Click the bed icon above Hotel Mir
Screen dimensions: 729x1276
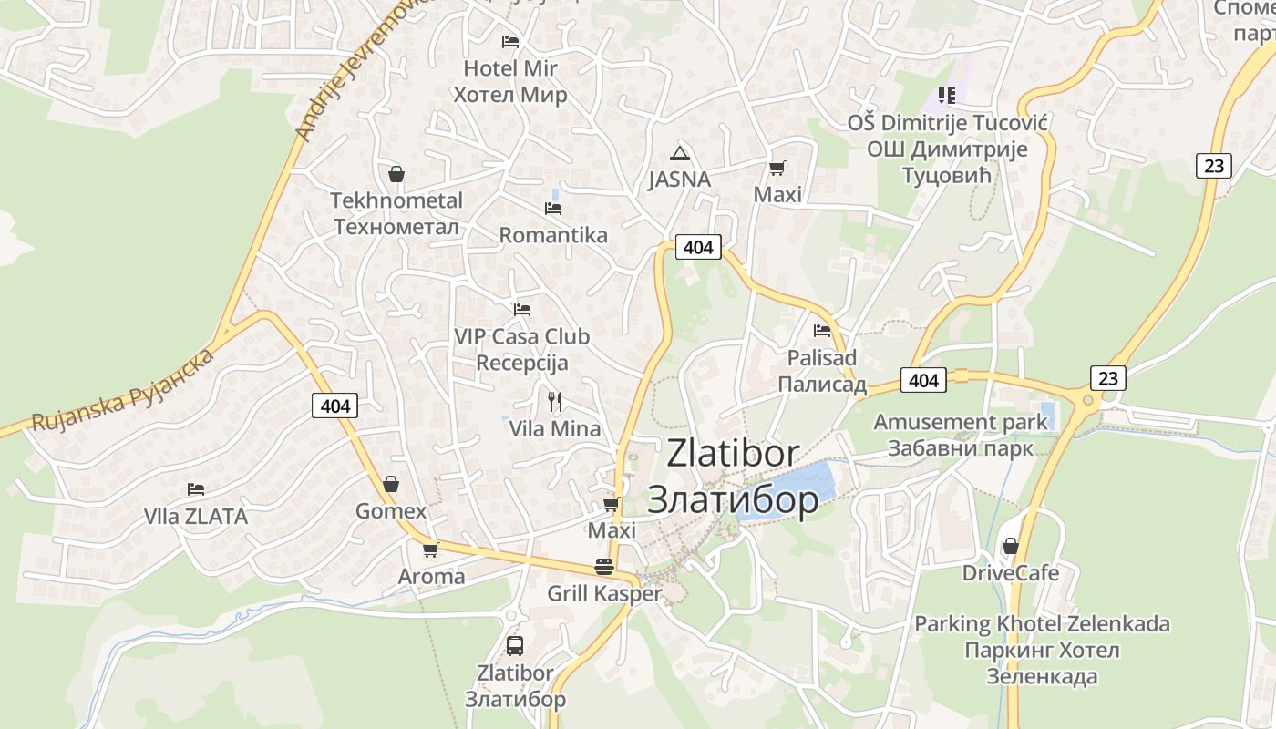pyautogui.click(x=510, y=42)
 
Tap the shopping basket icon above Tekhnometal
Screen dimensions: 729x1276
pyautogui.click(x=396, y=173)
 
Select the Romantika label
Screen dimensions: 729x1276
pyautogui.click(x=552, y=235)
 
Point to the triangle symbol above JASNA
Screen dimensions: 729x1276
pyautogui.click(x=679, y=152)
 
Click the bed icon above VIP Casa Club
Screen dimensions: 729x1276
pyautogui.click(x=522, y=310)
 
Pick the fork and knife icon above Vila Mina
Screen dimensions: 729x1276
pyautogui.click(x=554, y=401)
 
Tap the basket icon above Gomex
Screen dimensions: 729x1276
pyautogui.click(x=391, y=484)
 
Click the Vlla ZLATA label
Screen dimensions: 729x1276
pyautogui.click(x=195, y=517)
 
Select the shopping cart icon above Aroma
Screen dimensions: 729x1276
pyautogui.click(x=431, y=549)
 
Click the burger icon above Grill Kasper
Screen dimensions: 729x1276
pyautogui.click(x=603, y=566)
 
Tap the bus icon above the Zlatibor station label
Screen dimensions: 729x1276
pyautogui.click(x=515, y=646)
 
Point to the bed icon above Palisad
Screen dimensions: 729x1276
pyautogui.click(x=822, y=330)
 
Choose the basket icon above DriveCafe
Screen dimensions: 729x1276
pyautogui.click(x=1011, y=546)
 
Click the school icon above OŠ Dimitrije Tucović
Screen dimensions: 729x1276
pyautogui.click(x=947, y=95)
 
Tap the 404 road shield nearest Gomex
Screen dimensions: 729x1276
pyautogui.click(x=335, y=406)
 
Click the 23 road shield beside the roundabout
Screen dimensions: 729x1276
pyautogui.click(x=1107, y=377)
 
